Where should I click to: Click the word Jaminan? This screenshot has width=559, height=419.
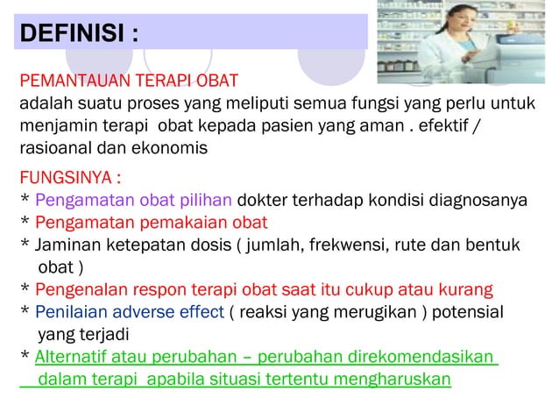(x=64, y=243)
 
